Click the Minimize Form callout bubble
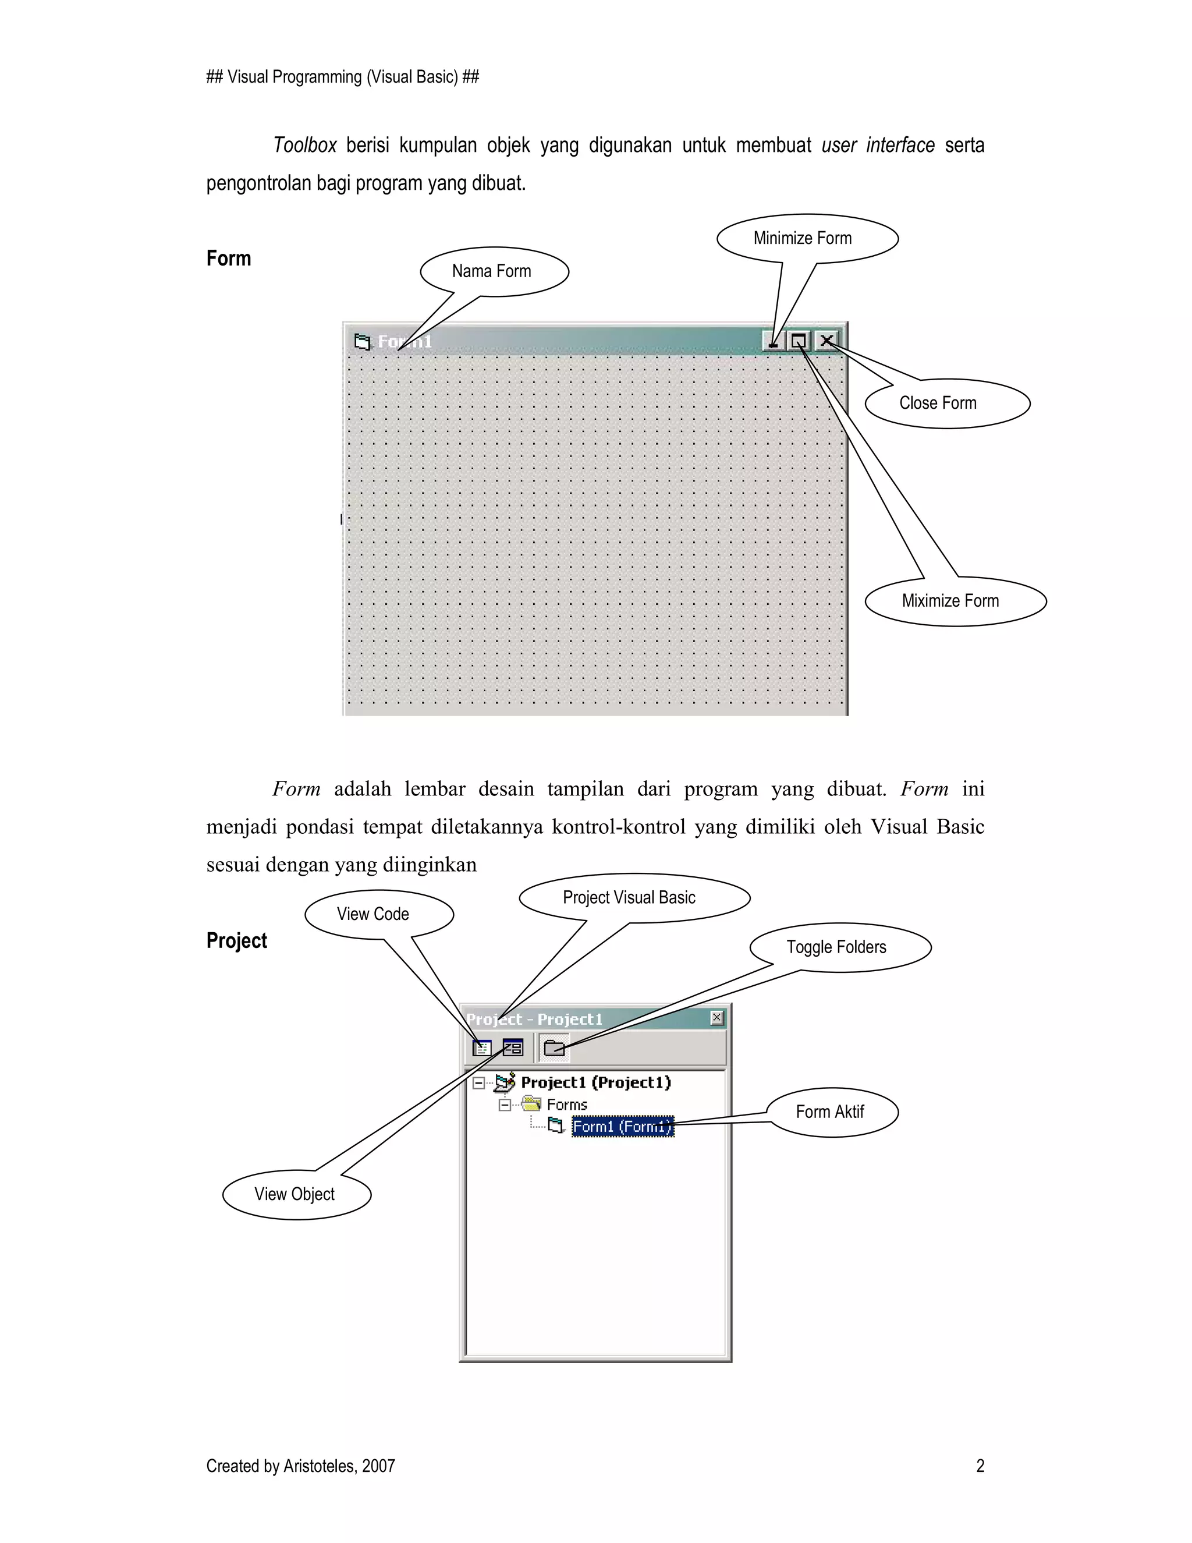pyautogui.click(x=807, y=238)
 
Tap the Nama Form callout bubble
pyautogui.click(x=494, y=271)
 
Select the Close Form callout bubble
pyautogui.click(x=947, y=404)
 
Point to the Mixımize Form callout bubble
pyautogui.click(x=955, y=601)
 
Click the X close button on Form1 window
pyautogui.click(x=827, y=341)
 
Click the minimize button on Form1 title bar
pyautogui.click(x=774, y=341)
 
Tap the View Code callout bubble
pyautogui.click(x=378, y=914)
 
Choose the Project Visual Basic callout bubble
pyautogui.click(x=633, y=898)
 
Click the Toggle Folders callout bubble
pyautogui.click(x=840, y=947)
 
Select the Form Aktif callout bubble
pyautogui.click(x=832, y=1112)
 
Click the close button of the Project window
pyautogui.click(x=716, y=1017)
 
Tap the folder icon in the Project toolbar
pyautogui.click(x=554, y=1047)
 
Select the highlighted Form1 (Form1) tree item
pyautogui.click(x=622, y=1126)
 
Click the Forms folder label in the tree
pyautogui.click(x=566, y=1104)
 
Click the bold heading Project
pyautogui.click(x=236, y=941)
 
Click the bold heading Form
pyautogui.click(x=228, y=259)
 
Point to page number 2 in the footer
pyautogui.click(x=980, y=1466)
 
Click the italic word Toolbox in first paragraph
pyautogui.click(x=304, y=146)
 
